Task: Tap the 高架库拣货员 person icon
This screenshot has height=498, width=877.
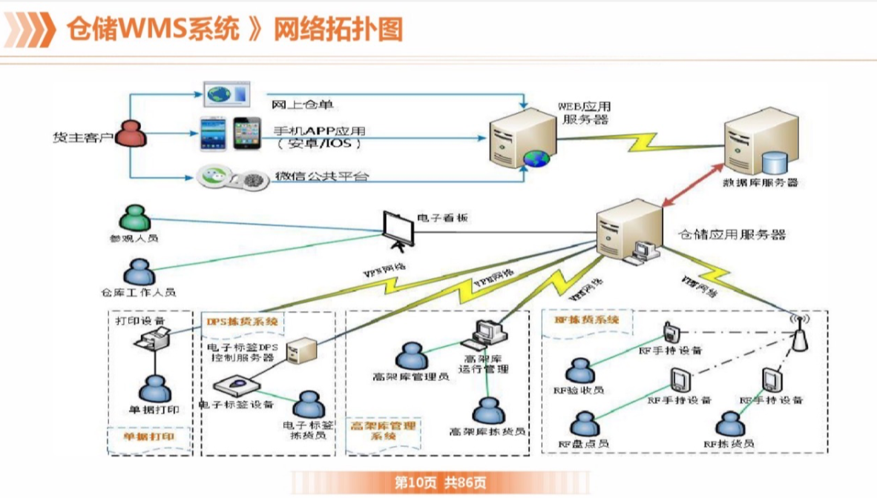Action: pos(488,411)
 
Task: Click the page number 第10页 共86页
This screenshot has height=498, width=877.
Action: pos(441,483)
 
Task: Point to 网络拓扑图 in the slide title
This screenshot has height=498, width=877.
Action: pos(338,30)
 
